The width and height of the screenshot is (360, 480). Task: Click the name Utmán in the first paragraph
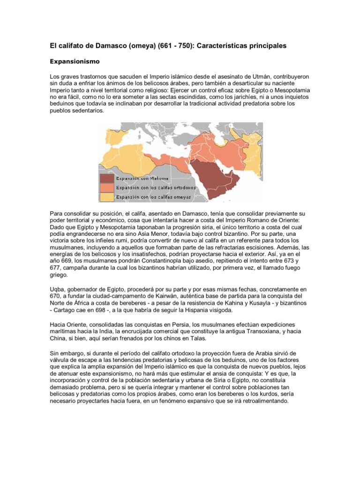(x=247, y=76)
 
